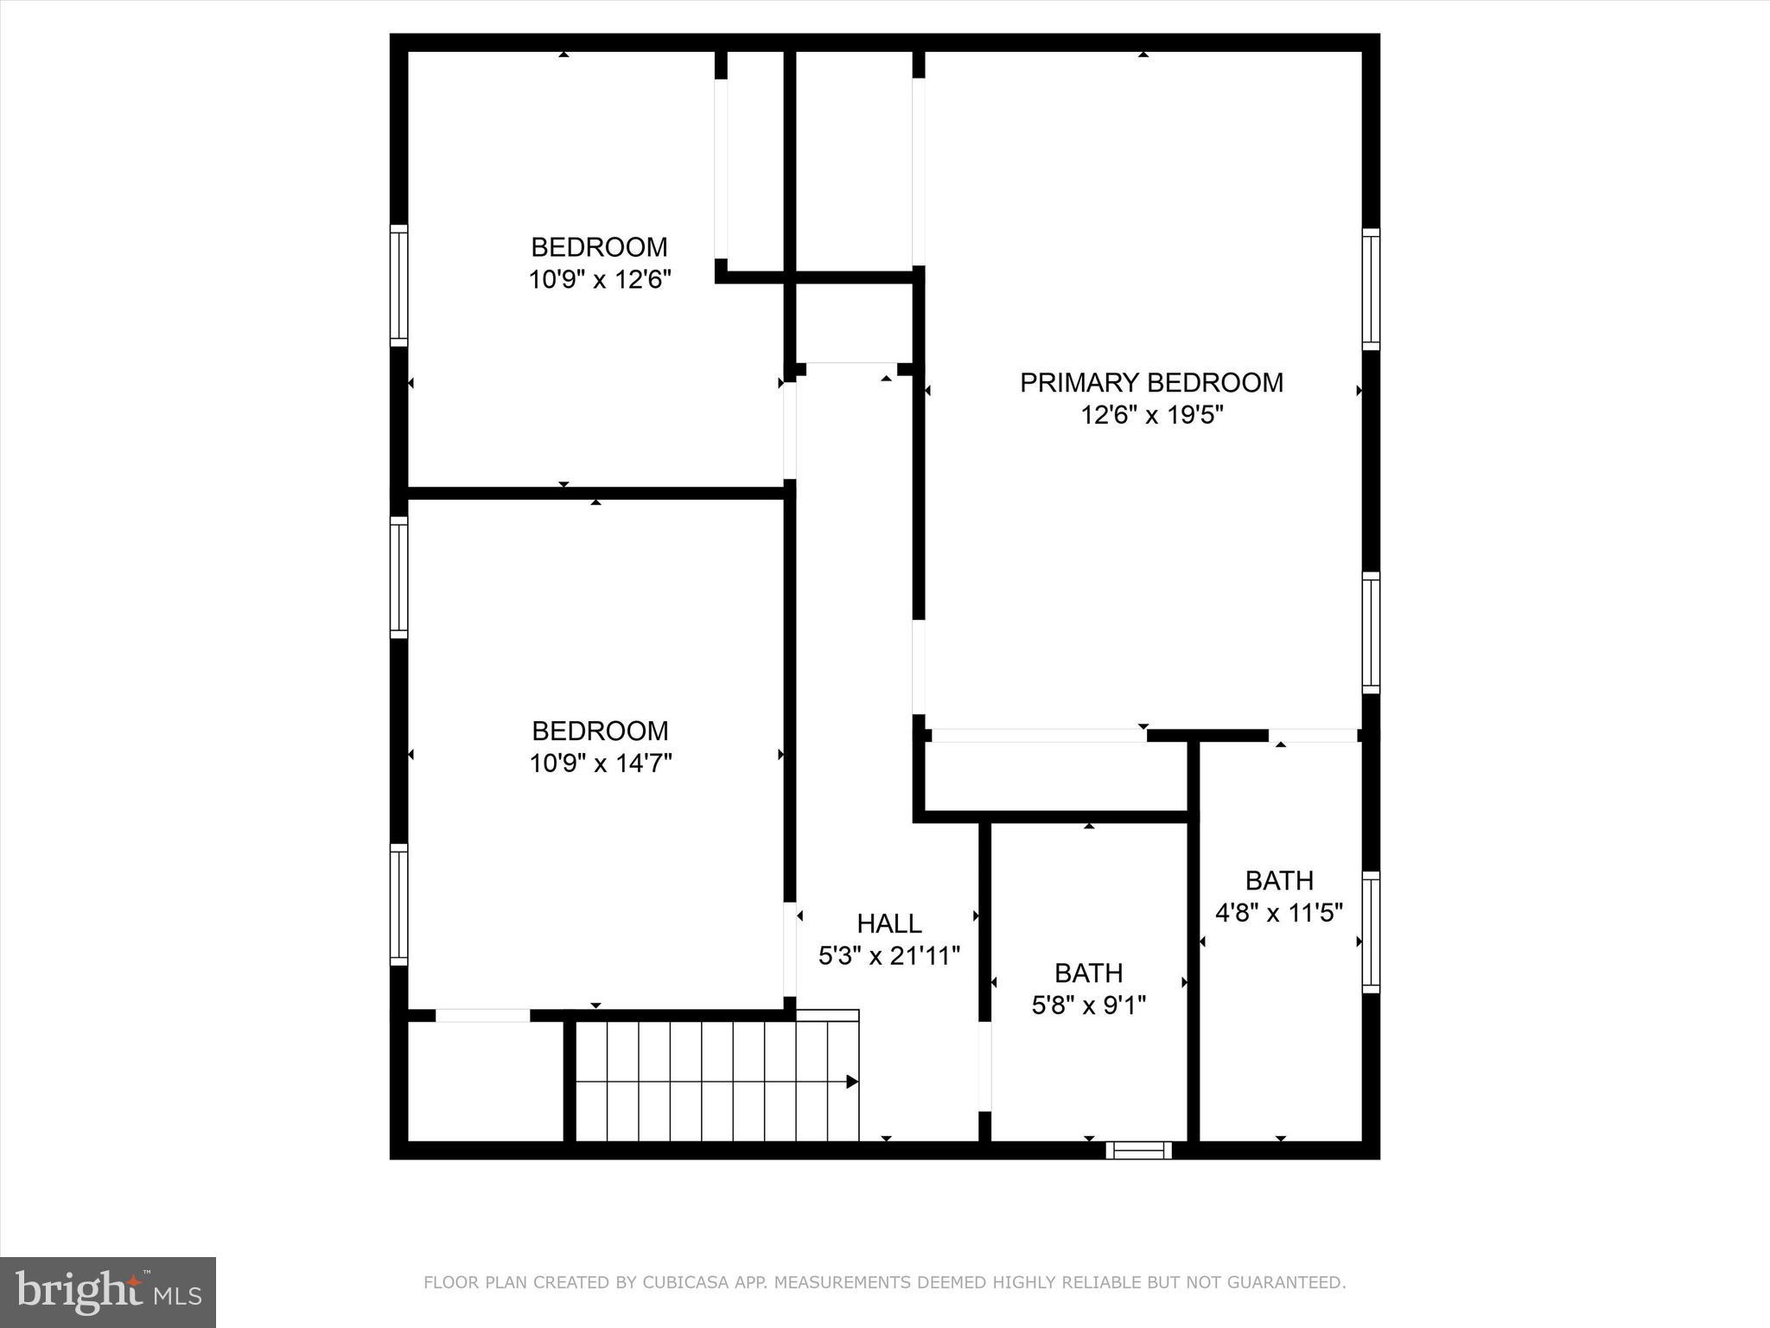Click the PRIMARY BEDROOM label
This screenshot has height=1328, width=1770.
1151,382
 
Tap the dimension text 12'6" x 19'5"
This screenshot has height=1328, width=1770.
1151,416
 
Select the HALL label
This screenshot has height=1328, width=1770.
889,923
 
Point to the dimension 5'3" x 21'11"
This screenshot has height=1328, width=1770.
889,956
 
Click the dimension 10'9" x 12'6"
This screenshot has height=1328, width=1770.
600,280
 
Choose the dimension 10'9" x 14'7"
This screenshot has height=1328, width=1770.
601,764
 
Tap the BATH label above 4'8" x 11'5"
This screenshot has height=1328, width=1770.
1279,880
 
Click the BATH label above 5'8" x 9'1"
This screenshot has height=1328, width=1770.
1089,973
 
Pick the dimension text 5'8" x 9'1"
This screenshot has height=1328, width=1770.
1089,1006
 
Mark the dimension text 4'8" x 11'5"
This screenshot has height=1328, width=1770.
1279,913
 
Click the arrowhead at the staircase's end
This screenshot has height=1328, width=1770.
852,1082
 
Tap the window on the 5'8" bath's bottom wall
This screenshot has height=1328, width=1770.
1138,1150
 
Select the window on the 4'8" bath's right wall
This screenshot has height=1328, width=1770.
1371,932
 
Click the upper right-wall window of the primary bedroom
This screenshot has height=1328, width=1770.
1371,289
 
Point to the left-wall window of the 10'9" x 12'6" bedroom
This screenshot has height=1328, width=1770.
398,284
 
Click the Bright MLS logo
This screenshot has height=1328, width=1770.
108,1292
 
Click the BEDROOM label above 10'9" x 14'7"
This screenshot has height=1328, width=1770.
600,731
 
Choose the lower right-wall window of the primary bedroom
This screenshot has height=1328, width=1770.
1371,632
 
